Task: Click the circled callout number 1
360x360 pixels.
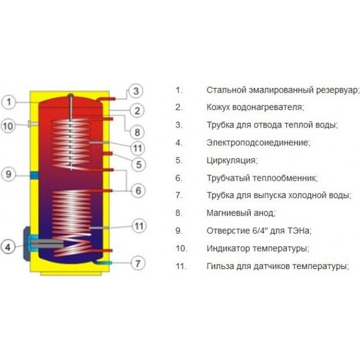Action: pyautogui.click(x=8, y=102)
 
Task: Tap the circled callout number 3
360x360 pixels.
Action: pyautogui.click(x=136, y=91)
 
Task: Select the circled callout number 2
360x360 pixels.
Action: pyautogui.click(x=137, y=111)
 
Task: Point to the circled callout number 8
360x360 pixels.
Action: pyautogui.click(x=137, y=132)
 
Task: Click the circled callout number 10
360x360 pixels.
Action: pyautogui.click(x=8, y=126)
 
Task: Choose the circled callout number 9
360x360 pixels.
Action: pyautogui.click(x=8, y=174)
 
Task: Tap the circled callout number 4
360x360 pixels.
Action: pyautogui.click(x=8, y=247)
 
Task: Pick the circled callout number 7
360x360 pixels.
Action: pyautogui.click(x=138, y=263)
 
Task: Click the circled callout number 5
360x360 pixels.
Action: pyautogui.click(x=138, y=164)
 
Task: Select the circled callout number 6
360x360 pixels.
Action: pyautogui.click(x=138, y=190)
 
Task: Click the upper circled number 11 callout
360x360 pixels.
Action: pyautogui.click(x=138, y=148)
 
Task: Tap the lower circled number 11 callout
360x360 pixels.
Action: pyautogui.click(x=139, y=226)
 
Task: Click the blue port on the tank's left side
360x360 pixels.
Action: pyautogui.click(x=34, y=176)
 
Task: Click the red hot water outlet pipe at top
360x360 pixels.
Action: pyautogui.click(x=105, y=99)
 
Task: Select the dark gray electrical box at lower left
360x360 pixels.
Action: pyautogui.click(x=27, y=244)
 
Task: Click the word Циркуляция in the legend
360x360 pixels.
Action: pyautogui.click(x=232, y=160)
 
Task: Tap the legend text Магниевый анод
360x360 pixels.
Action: pyautogui.click(x=241, y=213)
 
